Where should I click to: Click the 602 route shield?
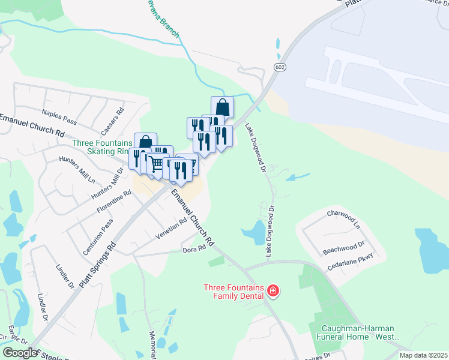[x=280, y=67]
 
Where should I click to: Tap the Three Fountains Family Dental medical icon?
[x=273, y=292]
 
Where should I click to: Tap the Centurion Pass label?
[x=98, y=229]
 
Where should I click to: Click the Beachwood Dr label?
[x=344, y=245]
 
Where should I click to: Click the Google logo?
[x=20, y=352]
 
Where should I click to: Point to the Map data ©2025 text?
[x=423, y=355]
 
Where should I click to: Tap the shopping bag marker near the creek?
[x=222, y=108]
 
